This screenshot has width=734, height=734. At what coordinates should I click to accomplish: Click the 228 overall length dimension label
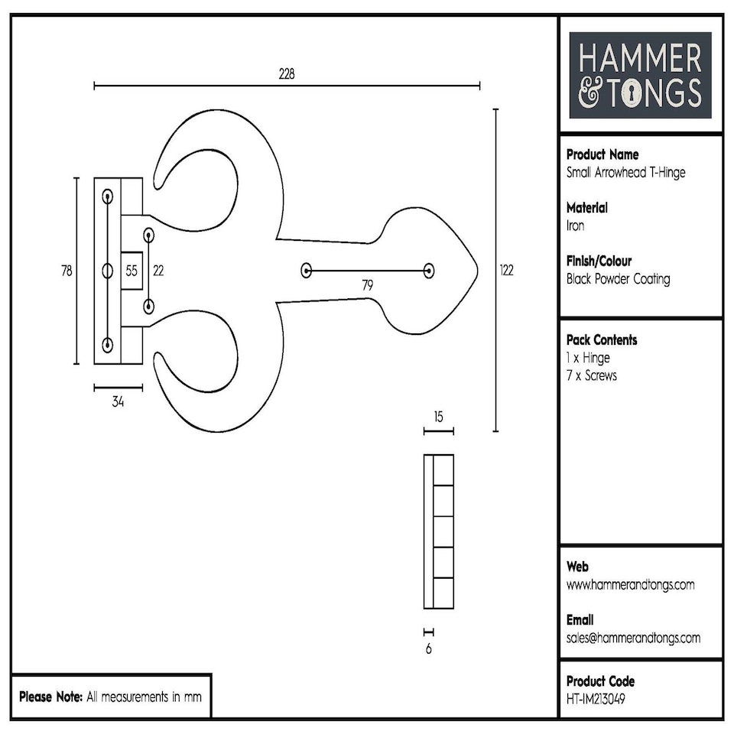click(x=287, y=73)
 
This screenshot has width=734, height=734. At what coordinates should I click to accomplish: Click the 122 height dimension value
click(x=505, y=270)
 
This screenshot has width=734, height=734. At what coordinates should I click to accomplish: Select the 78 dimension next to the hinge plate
click(x=67, y=270)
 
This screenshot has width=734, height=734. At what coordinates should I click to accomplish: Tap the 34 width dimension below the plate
click(x=118, y=401)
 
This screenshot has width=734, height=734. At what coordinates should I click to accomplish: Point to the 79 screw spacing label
click(x=367, y=285)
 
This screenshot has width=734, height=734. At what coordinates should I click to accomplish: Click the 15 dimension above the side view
click(x=438, y=417)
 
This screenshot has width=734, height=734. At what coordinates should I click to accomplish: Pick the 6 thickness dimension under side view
click(x=428, y=649)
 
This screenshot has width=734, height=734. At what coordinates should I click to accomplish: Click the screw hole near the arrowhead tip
click(x=428, y=270)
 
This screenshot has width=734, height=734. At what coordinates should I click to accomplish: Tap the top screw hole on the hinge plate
click(x=107, y=196)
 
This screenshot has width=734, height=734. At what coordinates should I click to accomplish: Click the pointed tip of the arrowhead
click(x=478, y=270)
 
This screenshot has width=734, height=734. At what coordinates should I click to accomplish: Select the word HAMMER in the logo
click(x=640, y=60)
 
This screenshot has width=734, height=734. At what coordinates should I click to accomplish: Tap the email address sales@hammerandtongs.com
click(x=633, y=638)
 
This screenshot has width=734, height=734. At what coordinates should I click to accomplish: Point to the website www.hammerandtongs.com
click(x=630, y=585)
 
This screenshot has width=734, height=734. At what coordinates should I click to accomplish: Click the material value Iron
click(x=575, y=226)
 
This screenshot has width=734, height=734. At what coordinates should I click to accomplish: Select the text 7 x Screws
click(x=591, y=375)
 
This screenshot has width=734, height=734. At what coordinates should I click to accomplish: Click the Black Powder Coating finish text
click(x=618, y=279)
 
